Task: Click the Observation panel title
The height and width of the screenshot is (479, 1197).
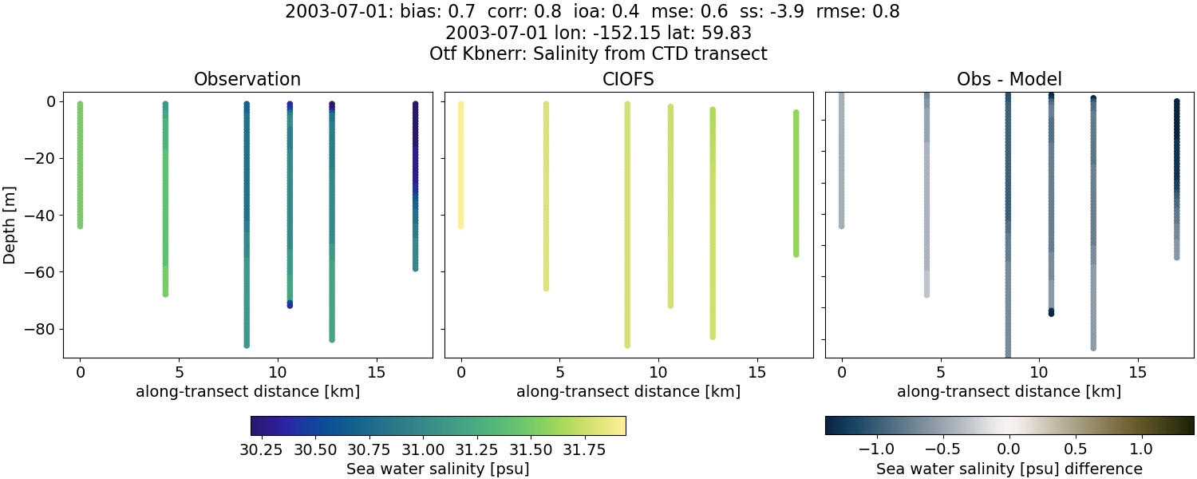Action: (x=247, y=80)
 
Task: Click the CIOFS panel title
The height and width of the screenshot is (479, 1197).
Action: (x=628, y=80)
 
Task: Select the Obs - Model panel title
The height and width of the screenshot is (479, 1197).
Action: (x=1009, y=80)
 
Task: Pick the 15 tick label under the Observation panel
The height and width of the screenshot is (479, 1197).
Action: (x=376, y=372)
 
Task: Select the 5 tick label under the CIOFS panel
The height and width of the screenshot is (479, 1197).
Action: (x=560, y=372)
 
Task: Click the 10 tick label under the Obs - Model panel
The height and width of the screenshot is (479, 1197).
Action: (x=1039, y=372)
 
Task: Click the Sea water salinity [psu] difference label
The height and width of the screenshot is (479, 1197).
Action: (x=1009, y=469)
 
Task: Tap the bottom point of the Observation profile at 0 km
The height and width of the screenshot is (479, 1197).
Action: (x=80, y=226)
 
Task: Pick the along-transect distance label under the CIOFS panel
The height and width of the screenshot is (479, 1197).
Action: (x=628, y=391)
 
